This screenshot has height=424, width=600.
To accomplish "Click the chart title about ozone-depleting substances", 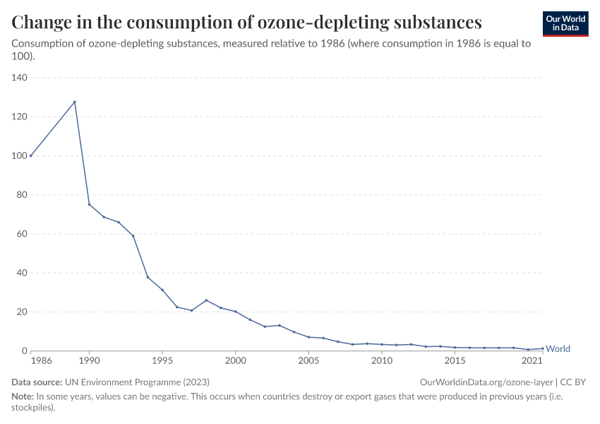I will pos(247,22).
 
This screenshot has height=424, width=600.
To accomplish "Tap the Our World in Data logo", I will pos(565,23).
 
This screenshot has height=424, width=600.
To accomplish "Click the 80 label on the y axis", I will pos(20,195).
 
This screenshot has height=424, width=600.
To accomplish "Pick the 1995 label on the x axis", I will pos(162,361).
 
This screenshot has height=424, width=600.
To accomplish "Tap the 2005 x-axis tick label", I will pos(308,361).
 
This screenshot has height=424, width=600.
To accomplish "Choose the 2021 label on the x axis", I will pos(532,361).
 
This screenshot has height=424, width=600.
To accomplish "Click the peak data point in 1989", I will pos(75,102).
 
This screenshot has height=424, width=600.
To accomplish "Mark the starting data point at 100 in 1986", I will pos(31,155).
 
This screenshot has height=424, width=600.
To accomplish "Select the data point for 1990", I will pos(89,204).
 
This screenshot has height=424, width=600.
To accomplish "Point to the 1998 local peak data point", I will pos(206,300).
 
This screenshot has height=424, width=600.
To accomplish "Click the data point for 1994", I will pos(148,277).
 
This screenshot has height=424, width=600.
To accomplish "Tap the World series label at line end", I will pos(558,349).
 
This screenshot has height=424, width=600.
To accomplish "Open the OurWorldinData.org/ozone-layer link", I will pos(486,382).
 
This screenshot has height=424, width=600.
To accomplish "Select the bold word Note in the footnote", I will pos(22,396).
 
